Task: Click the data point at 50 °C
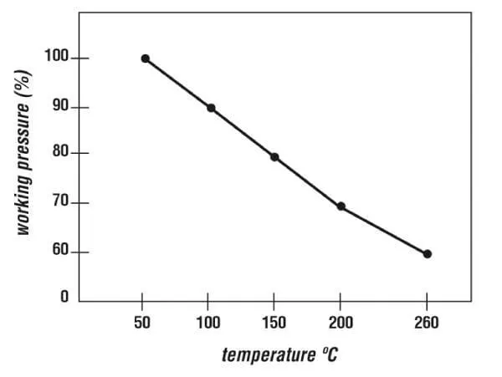coord(145,59)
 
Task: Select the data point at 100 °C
coord(211,108)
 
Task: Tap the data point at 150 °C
coord(274,157)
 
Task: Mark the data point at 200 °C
coord(341,206)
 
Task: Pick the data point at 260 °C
coord(427,253)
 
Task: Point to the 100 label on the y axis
coord(54,59)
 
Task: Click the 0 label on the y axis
coord(64,298)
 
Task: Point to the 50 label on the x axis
coord(143,323)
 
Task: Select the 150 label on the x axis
coord(274,323)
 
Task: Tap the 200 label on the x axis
coord(341,323)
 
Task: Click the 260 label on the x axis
coord(427,323)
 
